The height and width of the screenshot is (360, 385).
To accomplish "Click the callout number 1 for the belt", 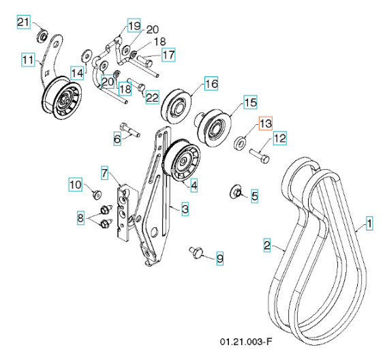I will click(369, 222).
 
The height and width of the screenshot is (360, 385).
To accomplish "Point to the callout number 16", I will click(211, 84).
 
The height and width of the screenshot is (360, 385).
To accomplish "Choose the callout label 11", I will click(28, 60).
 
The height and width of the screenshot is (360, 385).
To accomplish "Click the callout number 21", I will click(23, 22).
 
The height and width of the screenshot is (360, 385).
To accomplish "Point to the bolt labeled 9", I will click(197, 253).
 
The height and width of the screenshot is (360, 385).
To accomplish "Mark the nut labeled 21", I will click(42, 34).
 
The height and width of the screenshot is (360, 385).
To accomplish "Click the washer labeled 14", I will click(87, 54).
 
